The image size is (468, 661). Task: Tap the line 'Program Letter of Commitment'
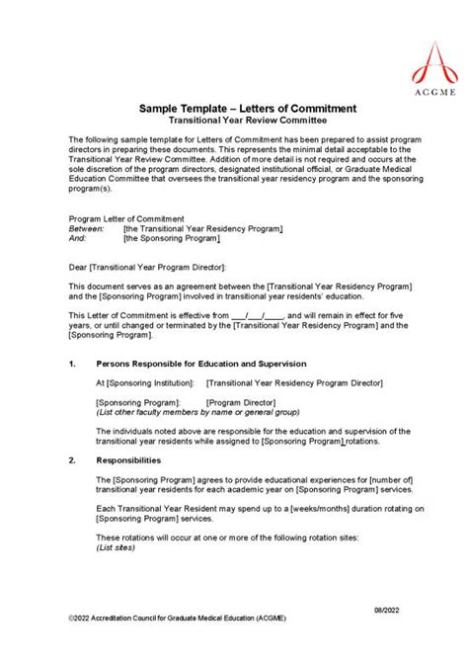click(125, 218)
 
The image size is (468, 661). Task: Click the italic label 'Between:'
click(86, 228)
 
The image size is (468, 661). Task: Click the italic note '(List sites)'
click(116, 547)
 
